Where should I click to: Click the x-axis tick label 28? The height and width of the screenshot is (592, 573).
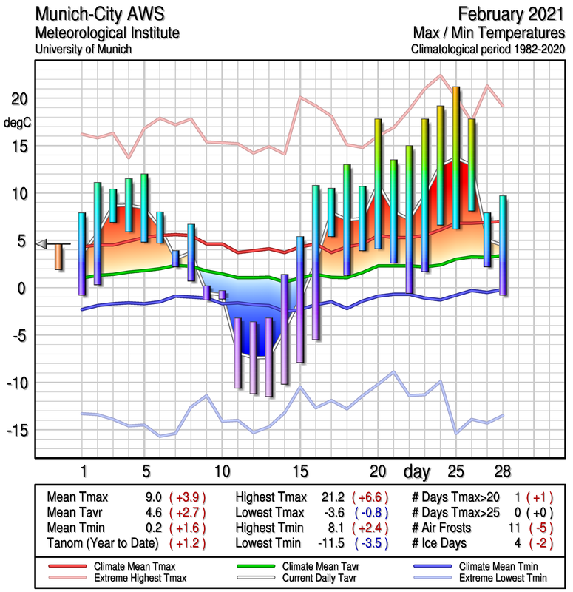pos(503,471)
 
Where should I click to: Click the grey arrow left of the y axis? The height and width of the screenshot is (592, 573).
pos(43,244)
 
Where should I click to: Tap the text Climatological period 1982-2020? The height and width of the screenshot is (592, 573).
pos(488,50)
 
